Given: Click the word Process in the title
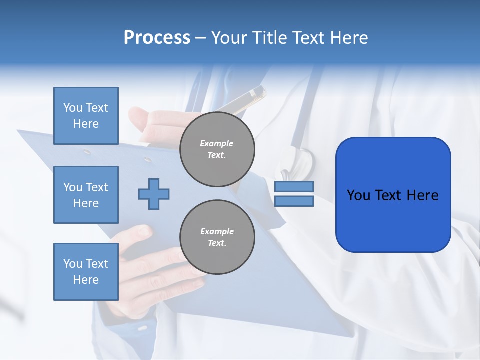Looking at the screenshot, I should click(157, 38).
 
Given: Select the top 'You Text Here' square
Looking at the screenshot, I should click(86, 116).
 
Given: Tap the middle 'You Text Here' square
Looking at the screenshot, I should click(86, 195).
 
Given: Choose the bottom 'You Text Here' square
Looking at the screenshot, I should click(86, 271).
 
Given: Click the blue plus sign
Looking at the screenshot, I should click(154, 193).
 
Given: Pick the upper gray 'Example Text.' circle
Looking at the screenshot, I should click(217, 149).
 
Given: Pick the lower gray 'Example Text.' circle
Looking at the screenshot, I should click(217, 237).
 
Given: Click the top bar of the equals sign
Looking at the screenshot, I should click(294, 186).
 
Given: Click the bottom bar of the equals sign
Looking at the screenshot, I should click(294, 201).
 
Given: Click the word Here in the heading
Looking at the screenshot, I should click(349, 38).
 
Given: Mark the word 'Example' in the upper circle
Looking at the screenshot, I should click(216, 143).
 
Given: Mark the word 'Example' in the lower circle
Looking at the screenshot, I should click(217, 231).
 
